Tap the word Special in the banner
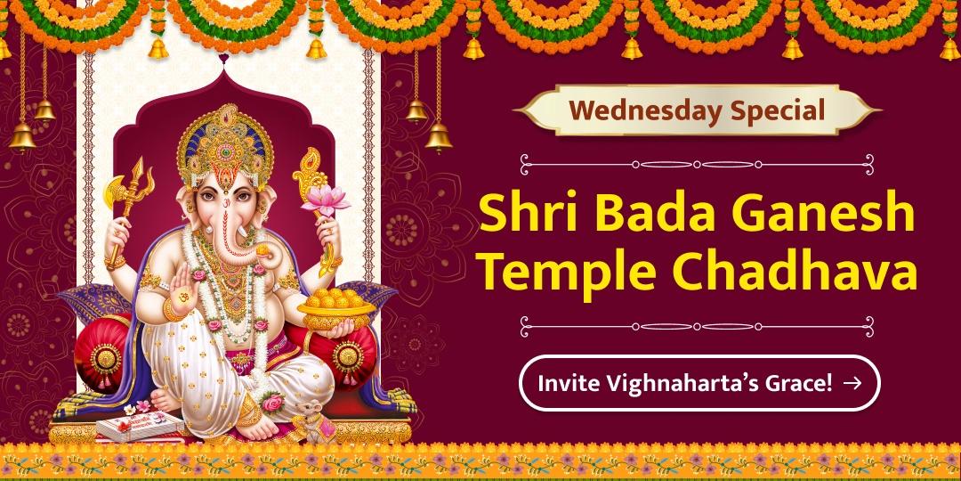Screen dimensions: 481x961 (x=777, y=111)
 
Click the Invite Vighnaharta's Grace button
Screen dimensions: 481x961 (x=699, y=383)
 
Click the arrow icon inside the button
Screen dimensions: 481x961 (x=852, y=383)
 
